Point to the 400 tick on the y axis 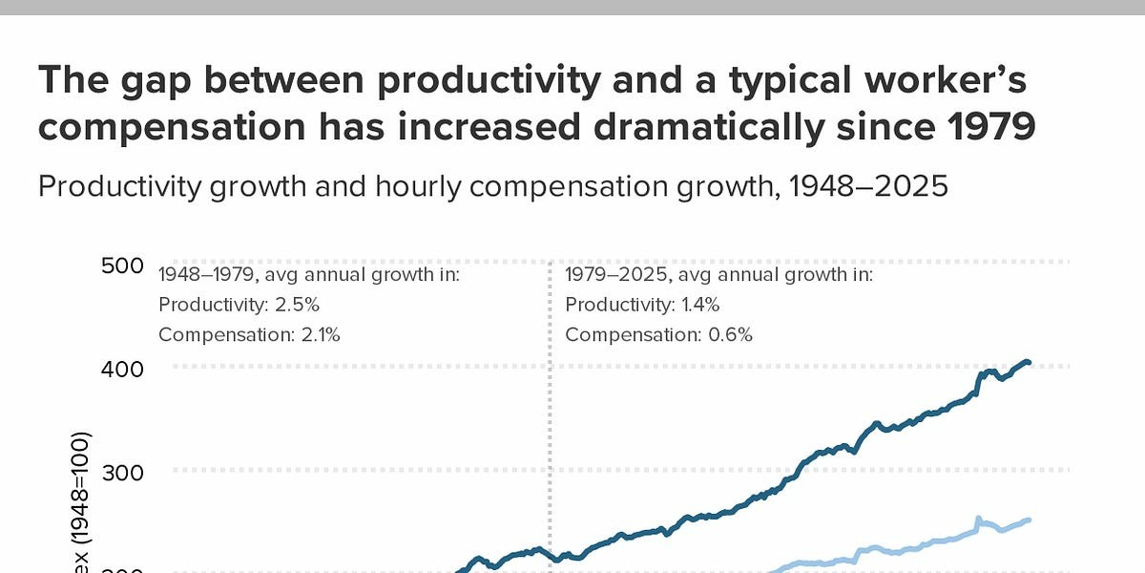121,368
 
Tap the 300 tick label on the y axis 121,471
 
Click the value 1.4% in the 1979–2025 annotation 699,305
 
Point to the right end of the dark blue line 1028,363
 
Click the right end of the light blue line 1028,520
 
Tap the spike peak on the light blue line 978,519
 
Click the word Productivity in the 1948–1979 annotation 198,305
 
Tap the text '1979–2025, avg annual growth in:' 718,275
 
